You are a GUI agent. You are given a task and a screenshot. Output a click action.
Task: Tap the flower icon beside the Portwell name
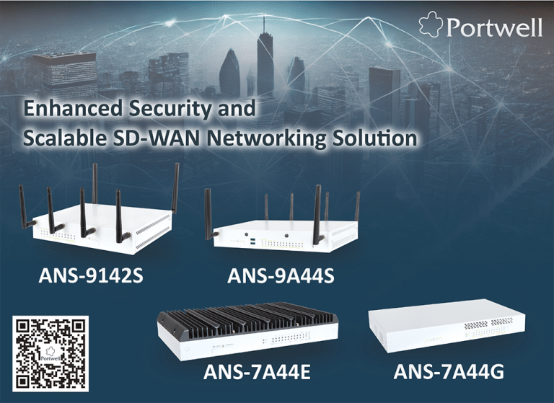pos(431,24)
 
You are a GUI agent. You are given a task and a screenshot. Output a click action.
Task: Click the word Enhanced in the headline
pos(73,108)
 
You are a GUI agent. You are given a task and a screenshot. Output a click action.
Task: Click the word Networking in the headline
pos(266,139)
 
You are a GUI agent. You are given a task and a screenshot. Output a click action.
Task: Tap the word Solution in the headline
pos(375,138)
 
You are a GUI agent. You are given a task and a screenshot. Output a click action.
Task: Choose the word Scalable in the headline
pos(65,138)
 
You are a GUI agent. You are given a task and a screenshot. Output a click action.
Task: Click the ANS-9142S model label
pos(91,275)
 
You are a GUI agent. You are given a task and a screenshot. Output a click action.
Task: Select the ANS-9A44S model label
pos(281,276)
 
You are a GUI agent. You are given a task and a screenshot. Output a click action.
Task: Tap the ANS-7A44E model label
pos(257,372)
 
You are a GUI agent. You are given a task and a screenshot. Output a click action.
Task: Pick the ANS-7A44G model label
pos(449,372)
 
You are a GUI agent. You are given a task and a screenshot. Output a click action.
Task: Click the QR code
pos(50,353)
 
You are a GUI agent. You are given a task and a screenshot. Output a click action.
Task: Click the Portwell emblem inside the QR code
pos(50,354)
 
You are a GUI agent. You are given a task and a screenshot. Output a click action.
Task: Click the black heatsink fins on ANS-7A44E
pos(247,319)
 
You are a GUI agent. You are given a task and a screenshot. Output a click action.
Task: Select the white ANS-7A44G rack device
pos(447,326)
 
